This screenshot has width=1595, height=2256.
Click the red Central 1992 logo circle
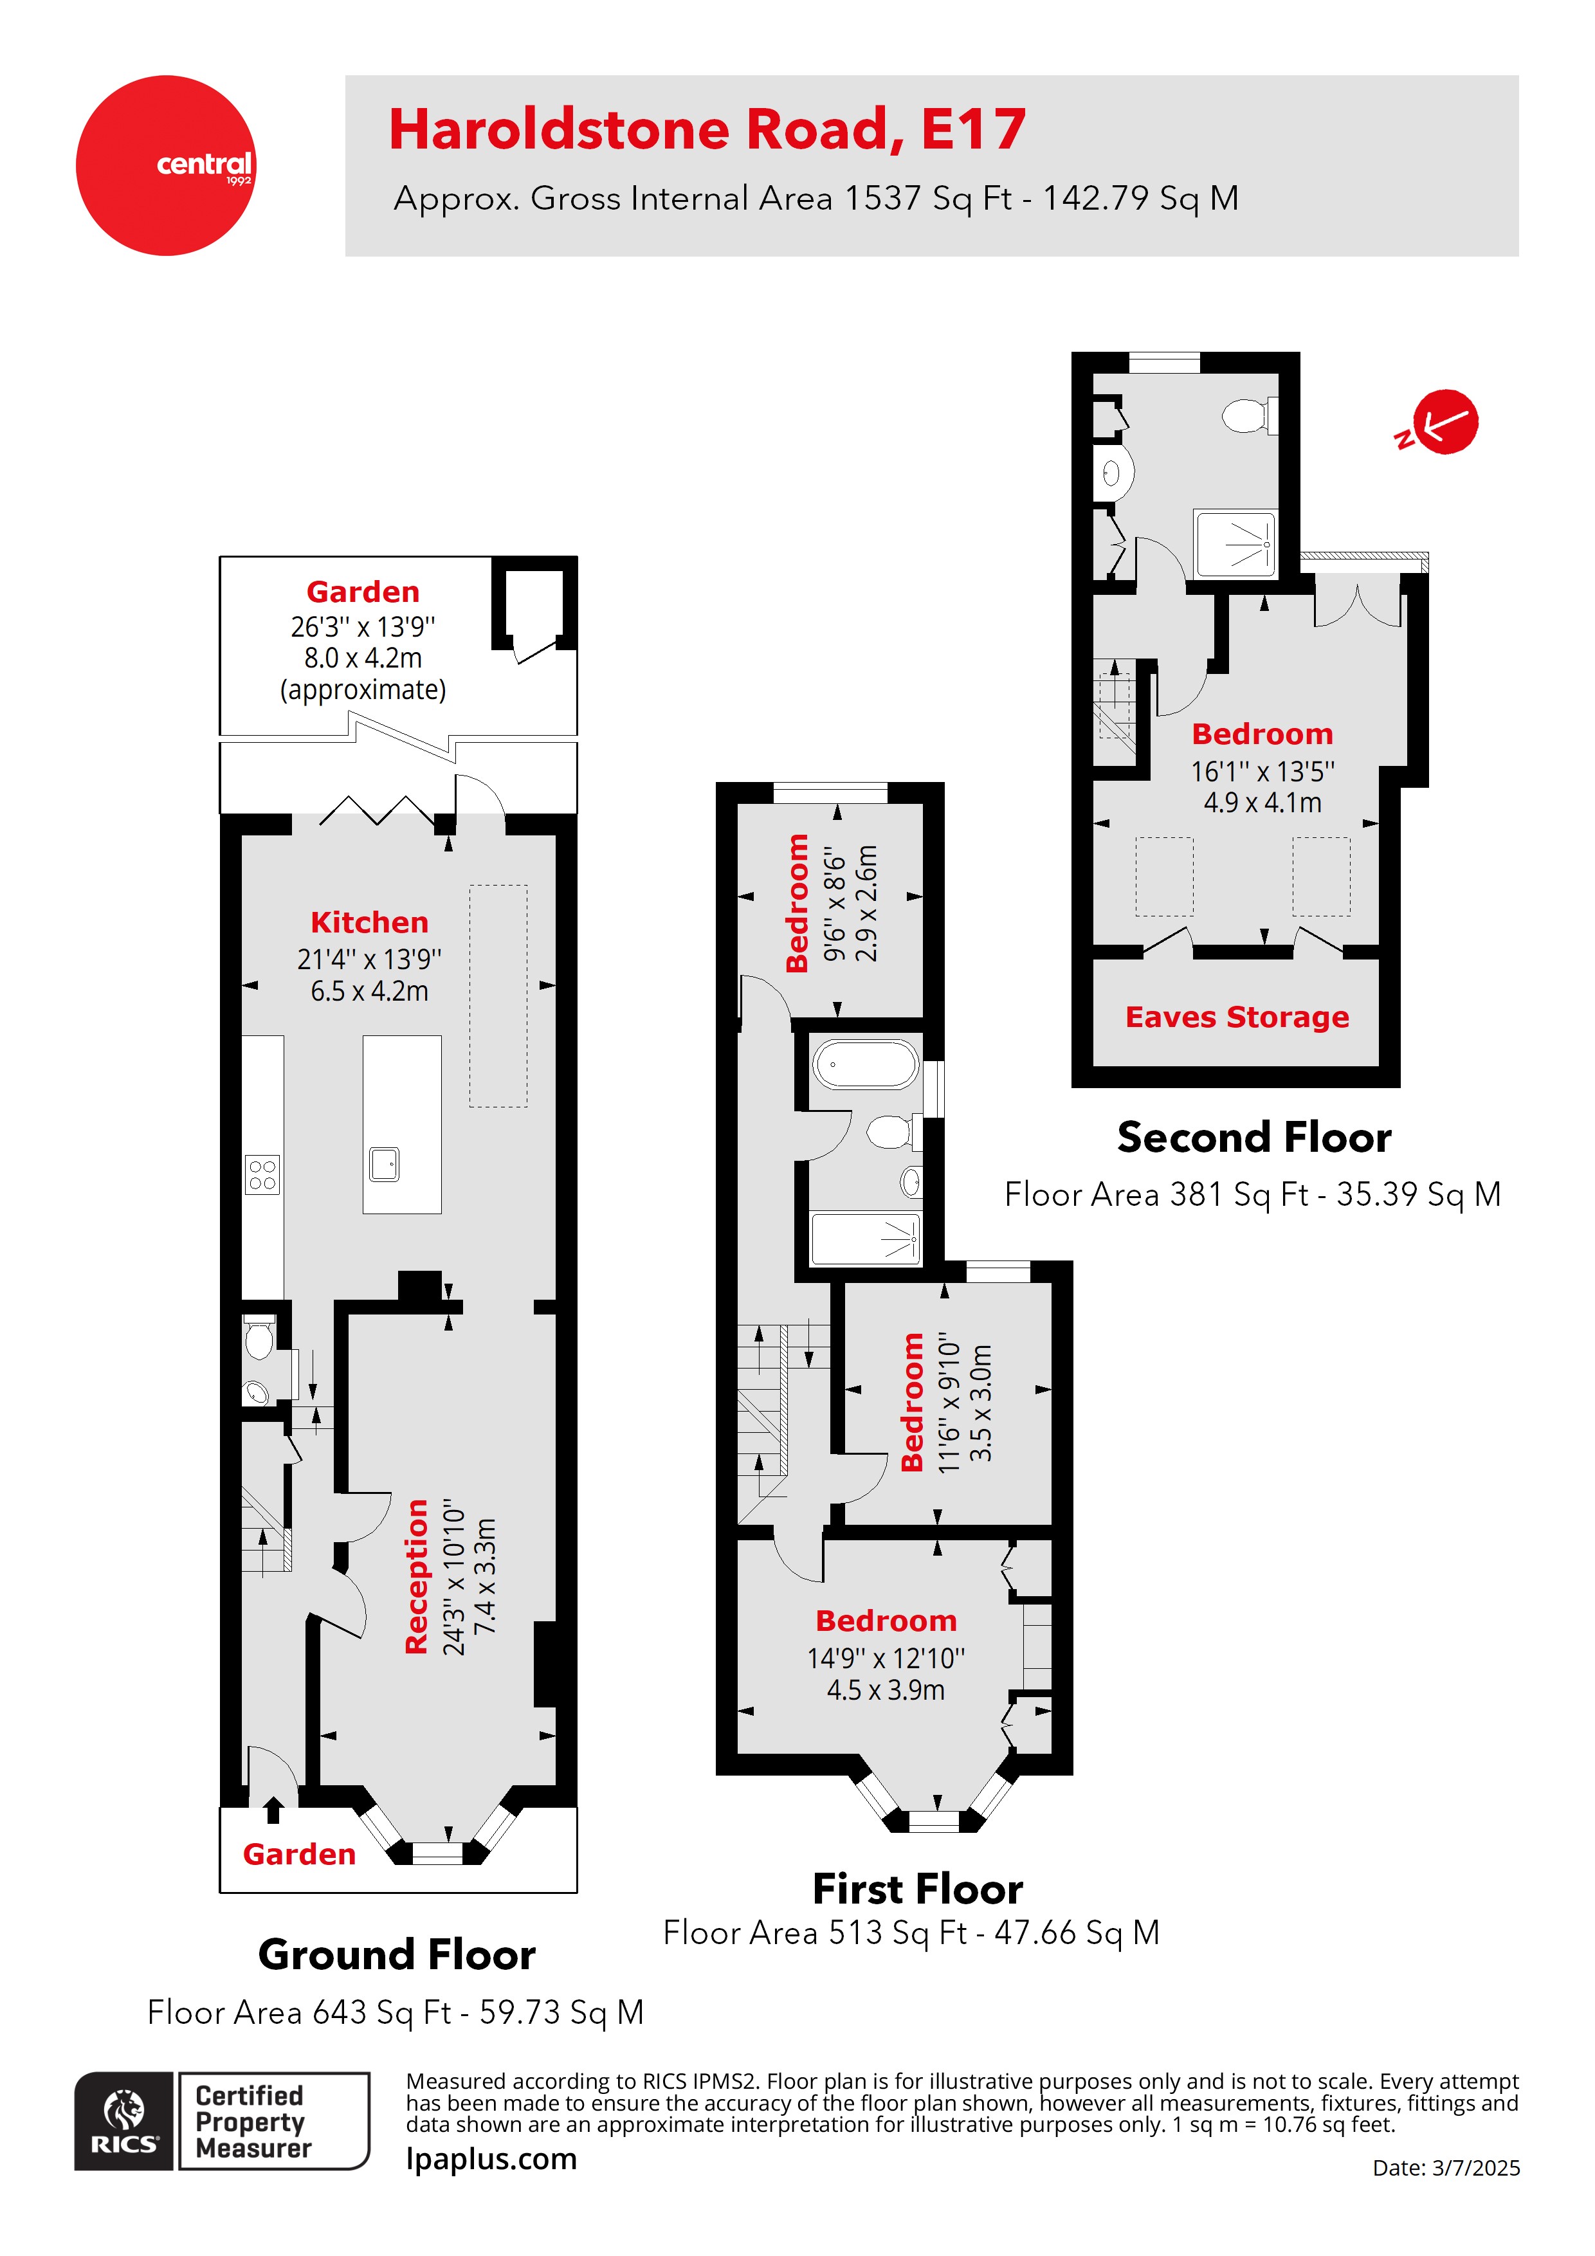click(165, 165)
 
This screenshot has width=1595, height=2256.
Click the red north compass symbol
click(1443, 423)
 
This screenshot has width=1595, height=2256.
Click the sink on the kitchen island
click(384, 1165)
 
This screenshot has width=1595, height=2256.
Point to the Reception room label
click(417, 1576)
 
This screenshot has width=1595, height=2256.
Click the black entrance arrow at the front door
click(273, 1810)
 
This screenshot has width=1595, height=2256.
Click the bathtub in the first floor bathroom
click(866, 1065)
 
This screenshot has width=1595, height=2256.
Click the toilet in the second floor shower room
click(1246, 415)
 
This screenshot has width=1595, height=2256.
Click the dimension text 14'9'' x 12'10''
click(886, 1659)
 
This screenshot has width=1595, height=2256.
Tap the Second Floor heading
click(1254, 1137)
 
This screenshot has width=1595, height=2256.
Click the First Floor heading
click(917, 1889)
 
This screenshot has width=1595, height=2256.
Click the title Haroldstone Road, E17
click(707, 130)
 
